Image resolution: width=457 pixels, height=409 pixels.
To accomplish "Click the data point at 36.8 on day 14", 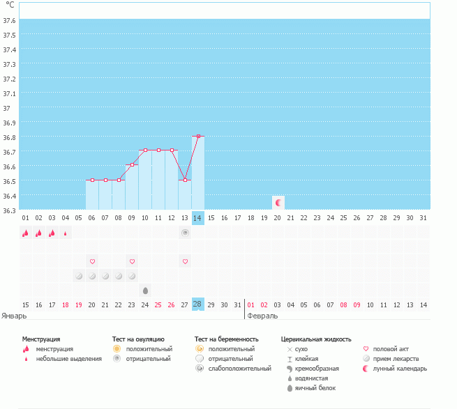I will (198, 137).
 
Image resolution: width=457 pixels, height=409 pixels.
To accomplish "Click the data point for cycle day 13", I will (185, 180).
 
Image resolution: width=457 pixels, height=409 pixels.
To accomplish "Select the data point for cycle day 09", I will (132, 165).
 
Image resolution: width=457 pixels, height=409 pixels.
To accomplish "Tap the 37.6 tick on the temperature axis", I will (9, 20).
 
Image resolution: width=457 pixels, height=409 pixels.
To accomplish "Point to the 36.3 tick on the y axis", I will (9, 210).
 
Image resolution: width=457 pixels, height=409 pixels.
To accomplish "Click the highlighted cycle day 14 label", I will (198, 218).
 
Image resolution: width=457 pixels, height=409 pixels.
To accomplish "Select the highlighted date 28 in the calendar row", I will (198, 304).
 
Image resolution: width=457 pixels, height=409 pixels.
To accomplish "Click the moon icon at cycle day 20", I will (278, 203).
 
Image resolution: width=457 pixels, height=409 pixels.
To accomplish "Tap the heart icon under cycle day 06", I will (92, 261).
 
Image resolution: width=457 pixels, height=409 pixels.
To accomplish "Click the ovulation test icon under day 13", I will (185, 233).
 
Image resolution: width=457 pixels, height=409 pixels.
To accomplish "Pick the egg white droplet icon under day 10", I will (145, 290).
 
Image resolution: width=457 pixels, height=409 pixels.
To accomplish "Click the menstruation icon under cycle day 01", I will (26, 233).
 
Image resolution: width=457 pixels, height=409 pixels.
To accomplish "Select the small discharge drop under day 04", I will (66, 233).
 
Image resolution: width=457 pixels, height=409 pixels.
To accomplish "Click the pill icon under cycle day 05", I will (79, 276).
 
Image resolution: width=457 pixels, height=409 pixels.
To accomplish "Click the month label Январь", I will (15, 315).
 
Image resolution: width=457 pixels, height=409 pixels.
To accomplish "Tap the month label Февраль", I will (262, 315).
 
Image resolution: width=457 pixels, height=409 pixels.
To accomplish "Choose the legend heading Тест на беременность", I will (227, 339).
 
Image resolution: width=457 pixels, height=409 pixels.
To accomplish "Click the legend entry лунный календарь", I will (400, 369).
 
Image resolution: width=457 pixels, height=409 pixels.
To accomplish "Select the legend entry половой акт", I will (391, 349).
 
